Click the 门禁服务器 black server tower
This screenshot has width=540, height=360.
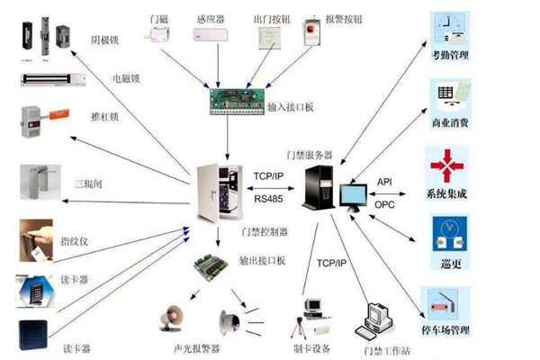(319, 184)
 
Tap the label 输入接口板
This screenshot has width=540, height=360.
(291, 108)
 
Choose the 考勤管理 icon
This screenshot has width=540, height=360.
(446, 31)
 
